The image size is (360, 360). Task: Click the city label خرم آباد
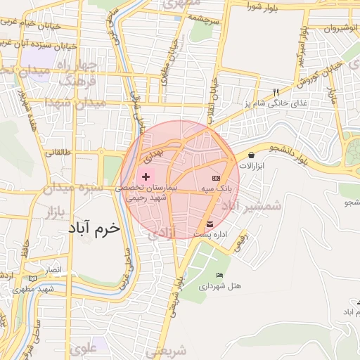click(94, 229)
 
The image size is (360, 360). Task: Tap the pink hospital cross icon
click(146, 176)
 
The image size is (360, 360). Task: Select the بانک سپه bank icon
click(215, 178)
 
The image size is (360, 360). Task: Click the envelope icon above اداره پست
click(210, 224)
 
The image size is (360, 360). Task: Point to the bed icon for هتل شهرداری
click(220, 275)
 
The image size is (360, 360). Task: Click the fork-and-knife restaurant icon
click(276, 92)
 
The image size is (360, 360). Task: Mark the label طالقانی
click(59, 151)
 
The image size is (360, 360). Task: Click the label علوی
click(84, 347)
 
